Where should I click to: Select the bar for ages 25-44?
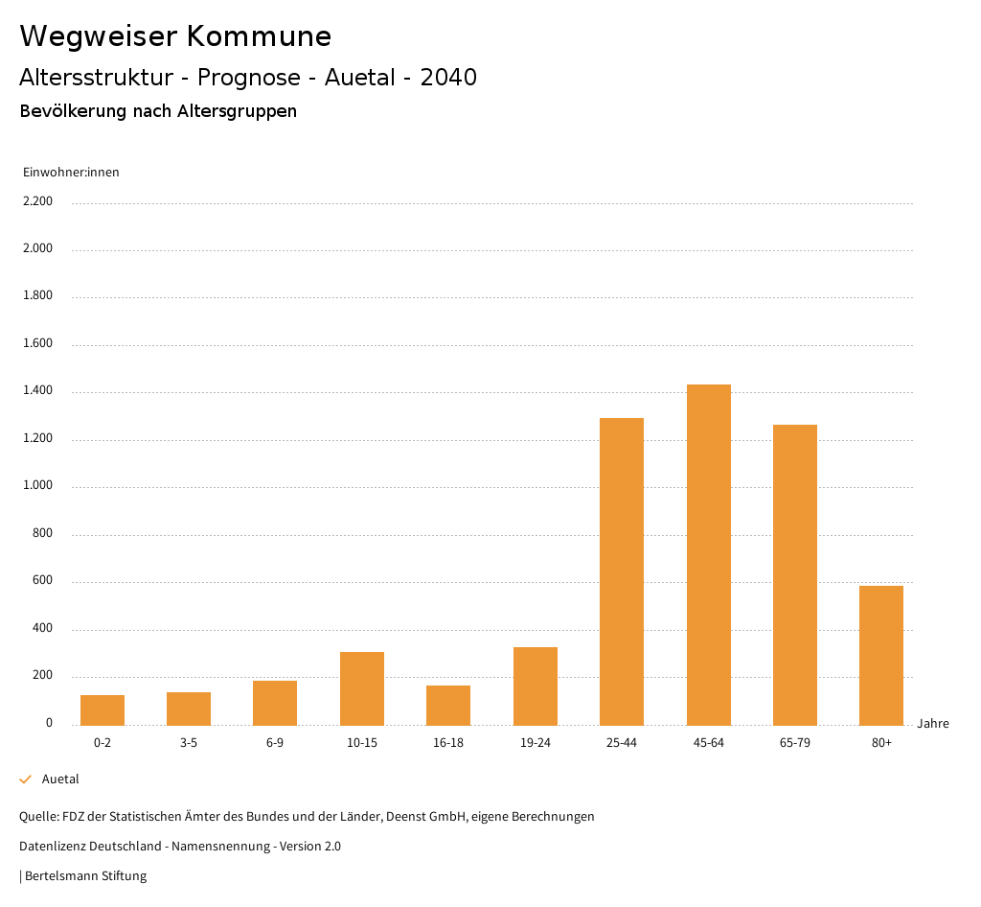[x=622, y=571]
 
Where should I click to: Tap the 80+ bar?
[x=881, y=655]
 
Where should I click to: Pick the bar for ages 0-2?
[x=103, y=709]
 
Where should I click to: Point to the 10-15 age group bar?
[x=362, y=688]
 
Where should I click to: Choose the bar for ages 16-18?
[x=448, y=705]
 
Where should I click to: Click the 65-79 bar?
[x=795, y=574]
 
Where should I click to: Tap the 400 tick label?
[x=44, y=629]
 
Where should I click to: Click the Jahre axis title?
[x=933, y=724]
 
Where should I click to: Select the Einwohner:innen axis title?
[x=71, y=173]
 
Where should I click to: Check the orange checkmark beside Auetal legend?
[x=26, y=779]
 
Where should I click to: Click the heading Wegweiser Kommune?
[x=175, y=36]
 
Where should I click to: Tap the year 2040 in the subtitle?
[x=448, y=78]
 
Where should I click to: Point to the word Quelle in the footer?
[x=37, y=817]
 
